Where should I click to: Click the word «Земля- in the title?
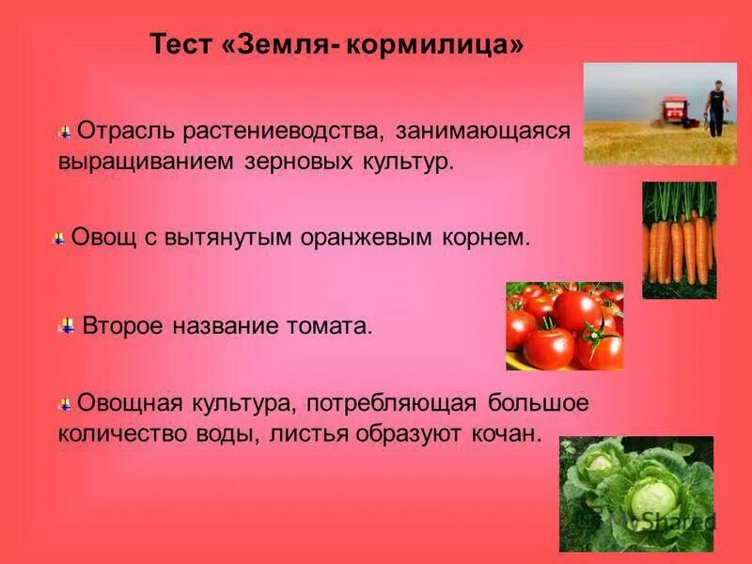(x=281, y=45)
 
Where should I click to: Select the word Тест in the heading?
(x=183, y=45)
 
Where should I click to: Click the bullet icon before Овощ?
(x=59, y=239)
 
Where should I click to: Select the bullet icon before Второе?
(x=67, y=326)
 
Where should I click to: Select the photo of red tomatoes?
(x=564, y=325)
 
